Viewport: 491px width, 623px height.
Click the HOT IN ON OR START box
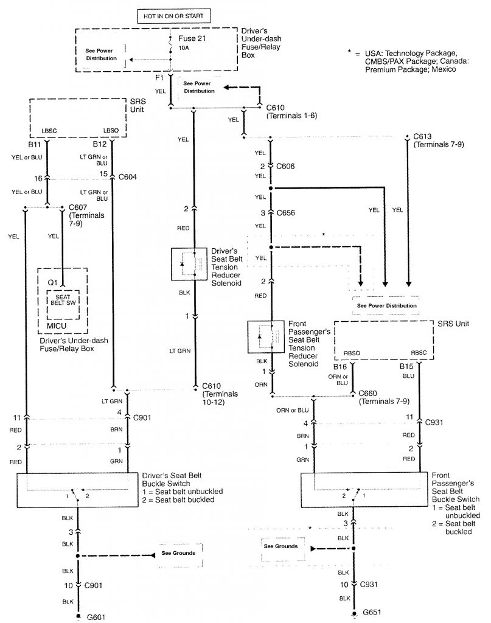(169, 15)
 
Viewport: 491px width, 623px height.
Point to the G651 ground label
(371, 611)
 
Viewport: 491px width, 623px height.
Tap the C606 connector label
(287, 165)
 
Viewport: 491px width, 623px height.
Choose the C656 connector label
(287, 214)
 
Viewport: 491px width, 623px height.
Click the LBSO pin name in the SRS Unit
(111, 131)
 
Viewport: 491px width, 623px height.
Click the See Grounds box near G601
(178, 553)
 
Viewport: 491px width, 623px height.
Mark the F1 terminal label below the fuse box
(159, 78)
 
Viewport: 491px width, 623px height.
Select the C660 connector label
(371, 394)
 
